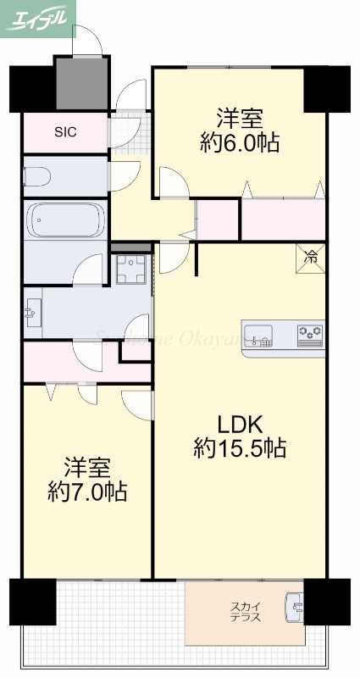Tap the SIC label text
click(x=66, y=131)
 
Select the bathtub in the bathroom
click(x=66, y=220)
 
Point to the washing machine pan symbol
click(x=132, y=270)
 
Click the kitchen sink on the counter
click(x=258, y=334)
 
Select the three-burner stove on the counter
click(x=310, y=335)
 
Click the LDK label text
click(x=239, y=423)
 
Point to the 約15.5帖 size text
click(x=239, y=447)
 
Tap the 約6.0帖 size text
click(x=241, y=142)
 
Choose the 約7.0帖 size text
click(x=87, y=492)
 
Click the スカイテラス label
click(x=246, y=612)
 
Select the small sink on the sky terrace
click(x=294, y=607)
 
